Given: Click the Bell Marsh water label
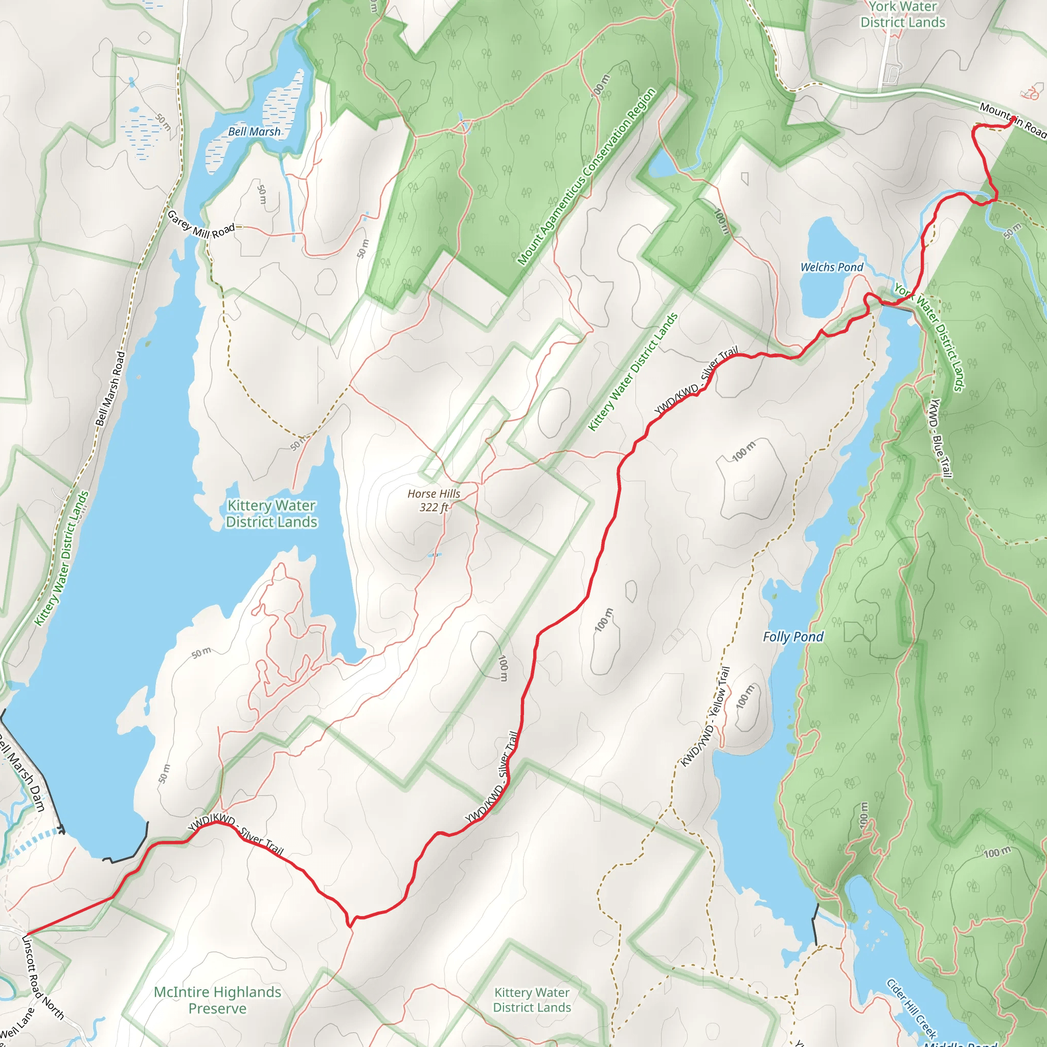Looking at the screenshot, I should (x=254, y=132).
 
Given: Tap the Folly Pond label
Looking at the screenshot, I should (x=793, y=637).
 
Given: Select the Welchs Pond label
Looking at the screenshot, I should (x=831, y=267).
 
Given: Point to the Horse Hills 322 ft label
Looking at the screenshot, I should (x=434, y=500).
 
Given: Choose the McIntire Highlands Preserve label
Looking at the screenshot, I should (x=217, y=1000).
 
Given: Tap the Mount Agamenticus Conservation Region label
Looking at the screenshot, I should (x=586, y=177).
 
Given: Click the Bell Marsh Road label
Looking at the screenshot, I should (x=110, y=389).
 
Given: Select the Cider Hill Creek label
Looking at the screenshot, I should (x=912, y=1008).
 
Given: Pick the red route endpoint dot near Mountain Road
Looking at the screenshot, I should (x=1013, y=119).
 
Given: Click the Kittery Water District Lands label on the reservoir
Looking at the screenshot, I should (x=271, y=514).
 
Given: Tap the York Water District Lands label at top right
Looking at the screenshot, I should (x=903, y=15).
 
